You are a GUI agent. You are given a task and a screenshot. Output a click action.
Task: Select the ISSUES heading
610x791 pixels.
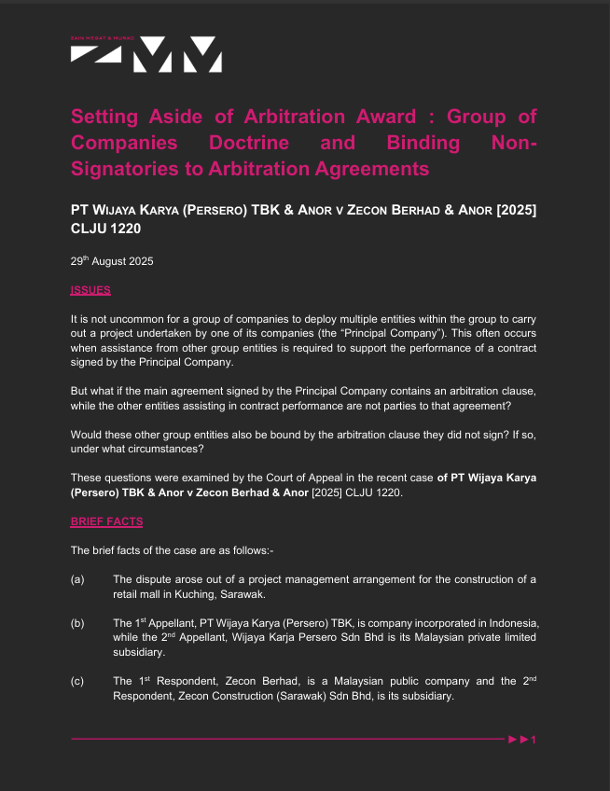point(90,290)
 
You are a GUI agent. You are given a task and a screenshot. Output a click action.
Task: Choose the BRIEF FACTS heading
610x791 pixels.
point(106,520)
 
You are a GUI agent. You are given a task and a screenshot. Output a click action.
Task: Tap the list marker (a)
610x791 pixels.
point(77,579)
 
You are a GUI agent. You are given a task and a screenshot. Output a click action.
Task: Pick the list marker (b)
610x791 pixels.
point(77,622)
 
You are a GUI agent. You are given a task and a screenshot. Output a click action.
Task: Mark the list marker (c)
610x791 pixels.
point(77,680)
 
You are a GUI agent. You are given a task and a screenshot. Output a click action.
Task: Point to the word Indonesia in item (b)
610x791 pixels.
point(511,622)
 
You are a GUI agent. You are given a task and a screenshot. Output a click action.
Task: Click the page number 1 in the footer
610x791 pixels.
point(534,740)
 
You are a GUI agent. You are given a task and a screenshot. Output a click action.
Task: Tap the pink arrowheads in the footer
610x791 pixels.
point(518,740)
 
